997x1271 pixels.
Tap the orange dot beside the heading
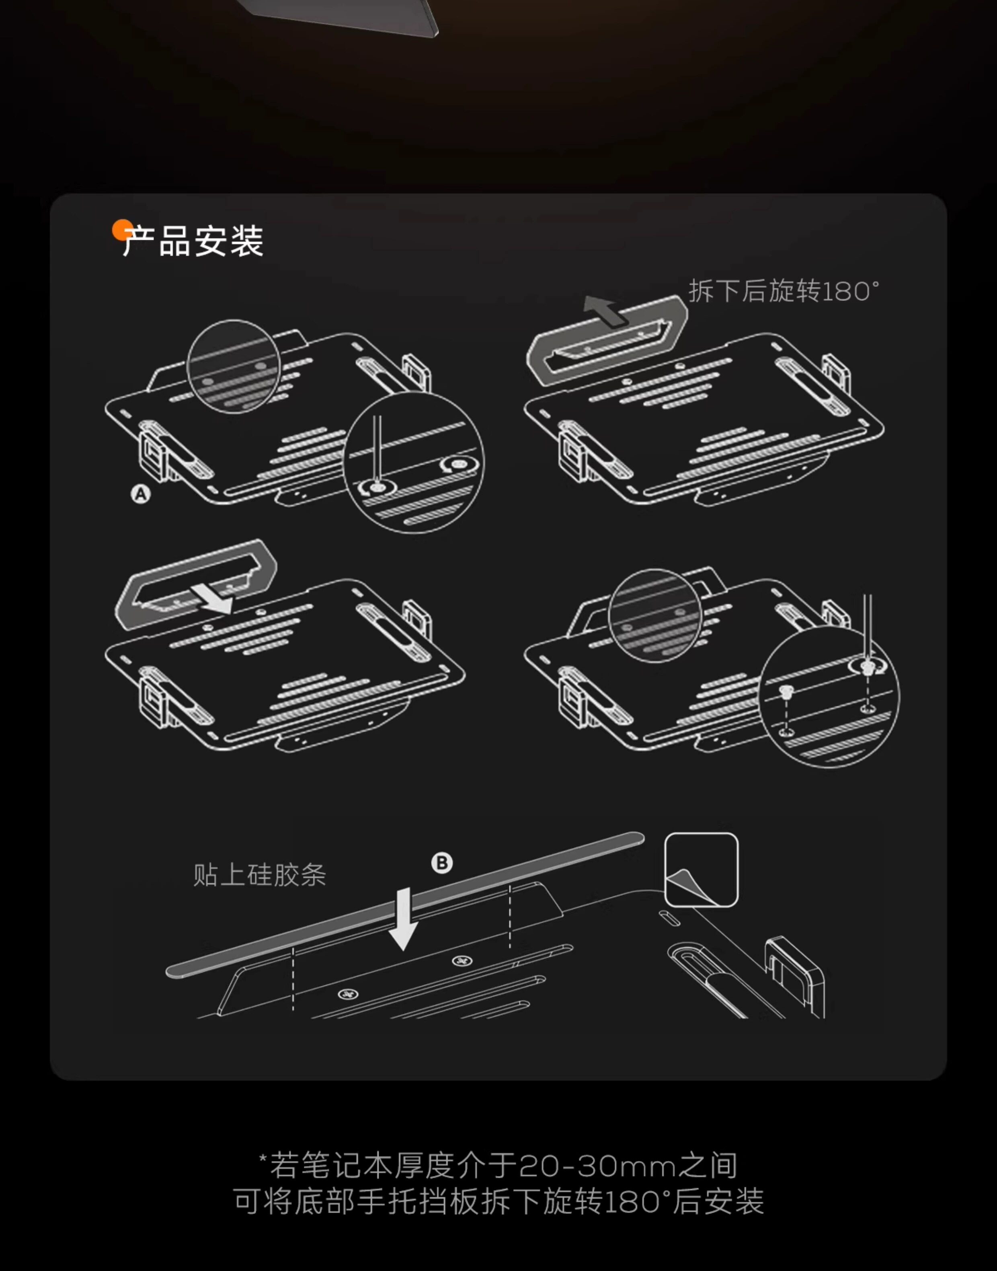click(x=121, y=230)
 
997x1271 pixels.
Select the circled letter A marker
click(x=140, y=495)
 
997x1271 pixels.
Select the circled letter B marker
click(x=442, y=863)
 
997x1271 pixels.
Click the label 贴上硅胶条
click(x=259, y=875)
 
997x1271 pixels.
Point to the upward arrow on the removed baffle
click(x=605, y=310)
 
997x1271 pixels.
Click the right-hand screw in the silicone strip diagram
click(x=462, y=961)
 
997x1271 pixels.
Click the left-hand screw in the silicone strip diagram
click(x=348, y=993)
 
